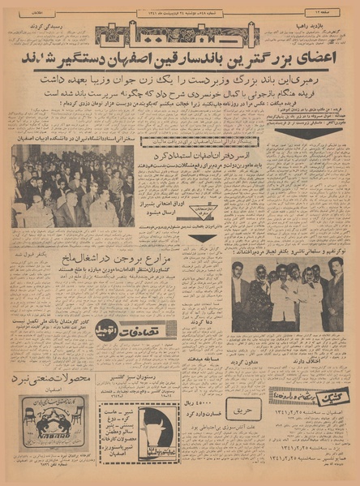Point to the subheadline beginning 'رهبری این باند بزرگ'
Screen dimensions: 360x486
(x=180, y=82)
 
